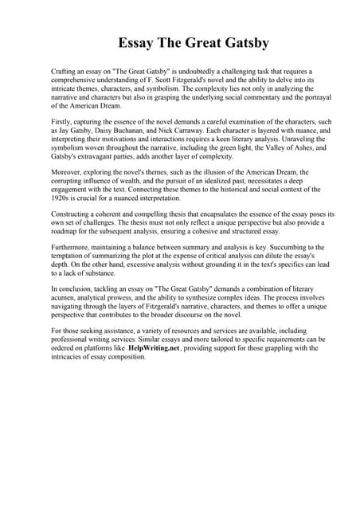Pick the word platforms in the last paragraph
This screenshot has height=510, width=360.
tap(96, 348)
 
